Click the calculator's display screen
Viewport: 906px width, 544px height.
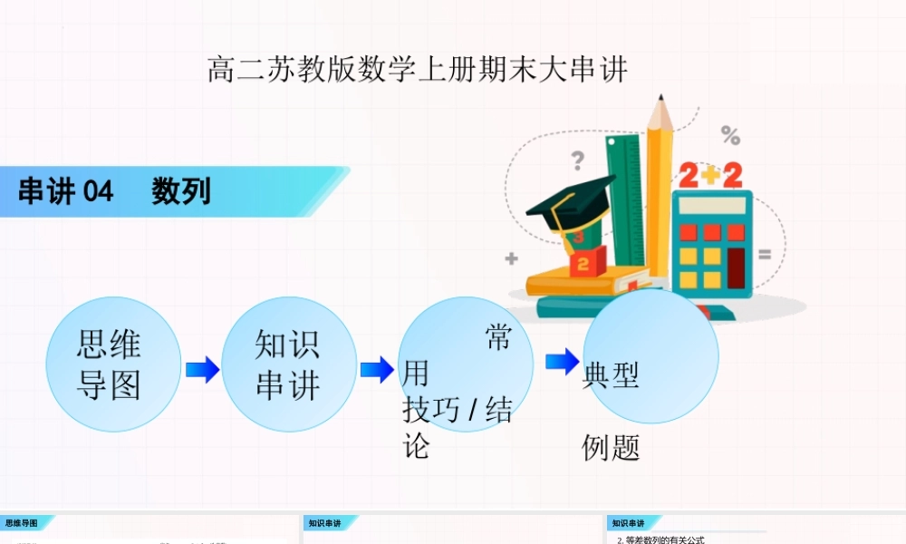710,206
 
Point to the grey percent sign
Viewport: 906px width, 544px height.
730,136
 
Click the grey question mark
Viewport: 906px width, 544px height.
577,161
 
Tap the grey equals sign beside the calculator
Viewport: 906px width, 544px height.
765,256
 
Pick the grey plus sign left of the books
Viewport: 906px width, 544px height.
512,259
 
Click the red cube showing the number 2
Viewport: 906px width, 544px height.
584,264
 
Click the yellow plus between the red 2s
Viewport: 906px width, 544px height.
710,174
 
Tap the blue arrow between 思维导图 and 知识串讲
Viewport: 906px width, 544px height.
202,369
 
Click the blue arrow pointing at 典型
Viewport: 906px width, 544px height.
562,361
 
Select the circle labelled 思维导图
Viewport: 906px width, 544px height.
113,364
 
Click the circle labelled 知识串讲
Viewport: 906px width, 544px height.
288,364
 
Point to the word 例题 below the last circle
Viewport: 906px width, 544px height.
611,447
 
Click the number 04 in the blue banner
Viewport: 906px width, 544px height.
98,192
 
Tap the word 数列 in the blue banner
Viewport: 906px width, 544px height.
181,192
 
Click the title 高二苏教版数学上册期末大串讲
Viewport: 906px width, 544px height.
418,70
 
